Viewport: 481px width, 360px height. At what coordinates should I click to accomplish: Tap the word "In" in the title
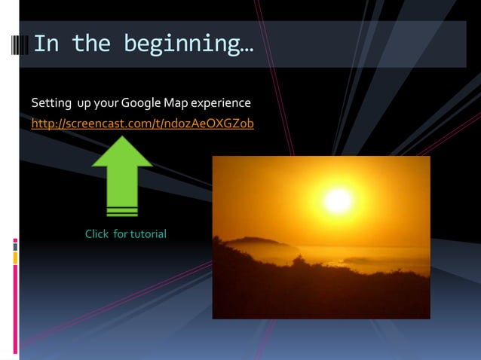[x=46, y=44]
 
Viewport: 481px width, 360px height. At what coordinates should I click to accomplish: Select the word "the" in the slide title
[x=91, y=44]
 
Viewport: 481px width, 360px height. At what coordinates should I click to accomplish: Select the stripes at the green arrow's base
[x=122, y=210]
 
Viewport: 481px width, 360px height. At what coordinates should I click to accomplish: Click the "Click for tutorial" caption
[x=126, y=234]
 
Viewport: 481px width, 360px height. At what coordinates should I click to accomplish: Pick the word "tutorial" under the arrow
[x=149, y=234]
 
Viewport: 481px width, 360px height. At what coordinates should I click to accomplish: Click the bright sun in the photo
[x=339, y=200]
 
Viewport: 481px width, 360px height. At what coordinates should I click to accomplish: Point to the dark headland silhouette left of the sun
[x=253, y=245]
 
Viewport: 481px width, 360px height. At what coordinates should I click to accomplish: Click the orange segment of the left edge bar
[x=15, y=258]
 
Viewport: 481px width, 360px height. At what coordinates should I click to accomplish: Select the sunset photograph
[x=321, y=237]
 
